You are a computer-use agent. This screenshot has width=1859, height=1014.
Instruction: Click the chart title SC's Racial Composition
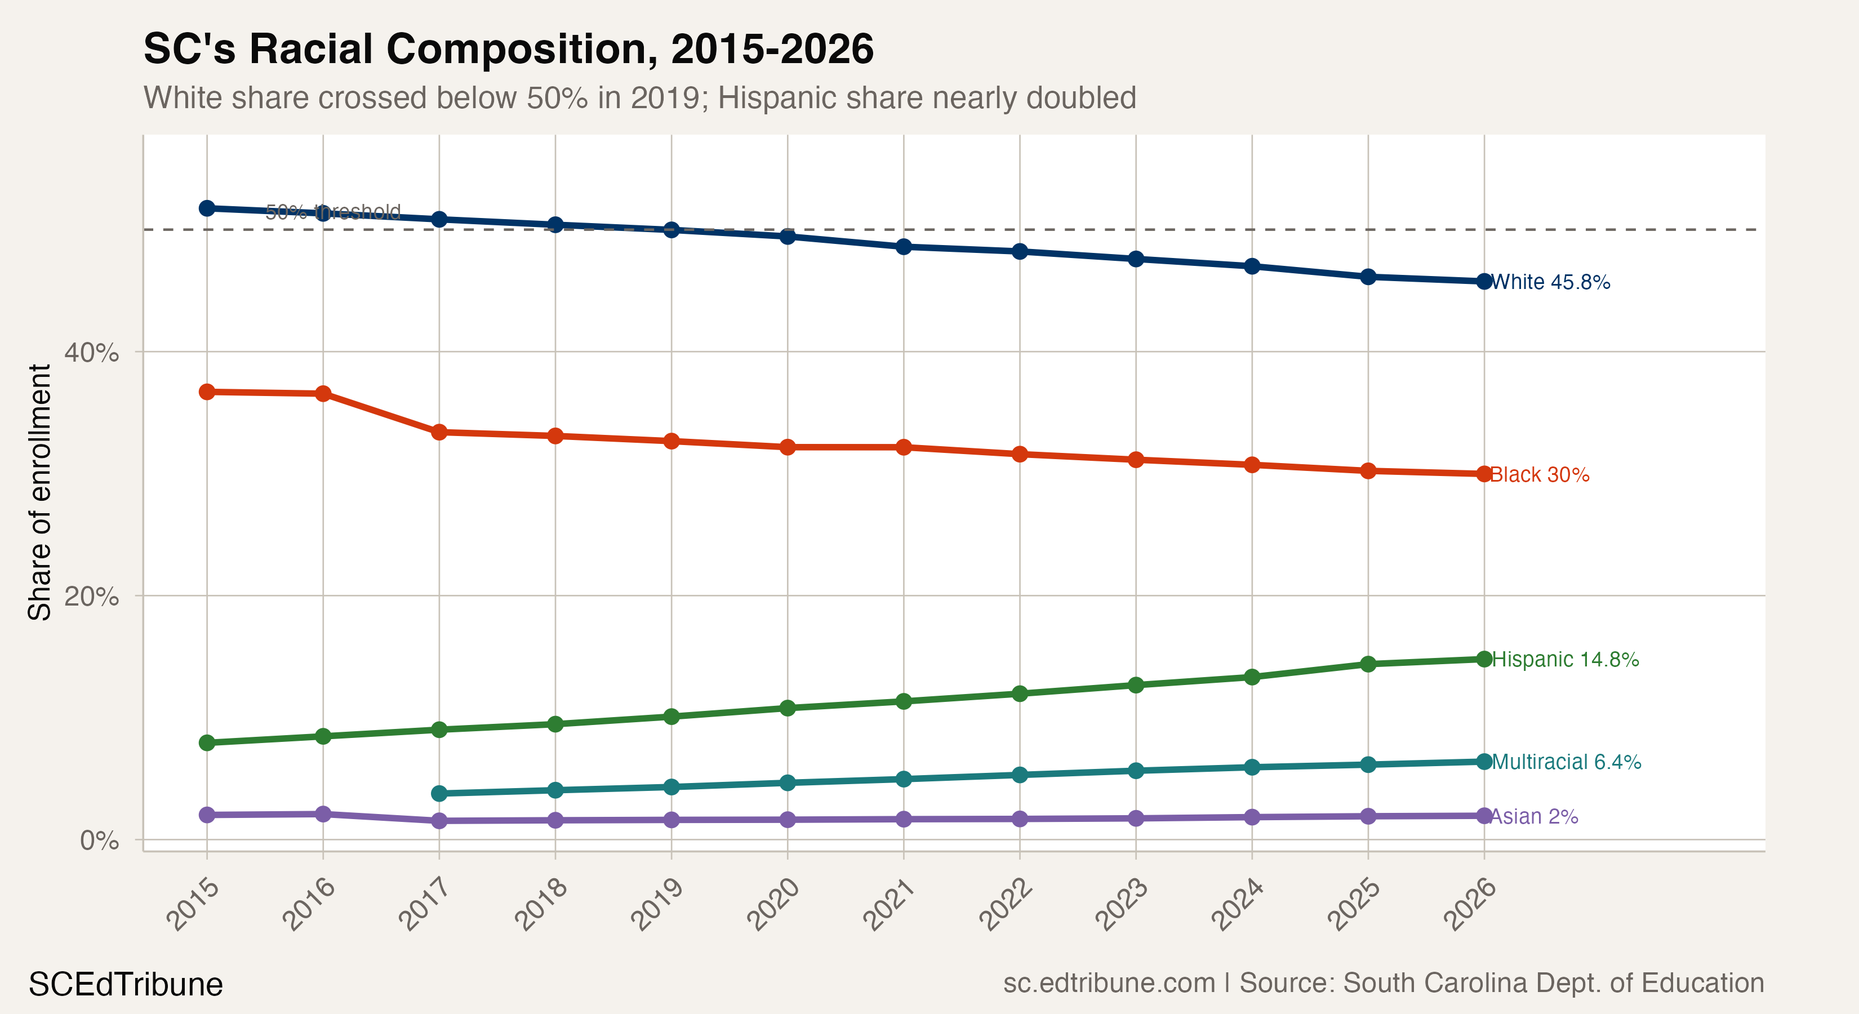pyautogui.click(x=508, y=49)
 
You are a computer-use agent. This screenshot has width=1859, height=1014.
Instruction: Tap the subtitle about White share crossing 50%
pyautogui.click(x=639, y=98)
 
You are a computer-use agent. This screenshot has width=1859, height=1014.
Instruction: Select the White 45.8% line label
pyautogui.click(x=1550, y=282)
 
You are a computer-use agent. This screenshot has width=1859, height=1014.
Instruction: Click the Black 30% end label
pyautogui.click(x=1539, y=474)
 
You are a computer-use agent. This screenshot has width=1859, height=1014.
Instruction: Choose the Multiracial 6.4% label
pyautogui.click(x=1566, y=762)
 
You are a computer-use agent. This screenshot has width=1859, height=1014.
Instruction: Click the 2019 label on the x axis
pyautogui.click(x=657, y=904)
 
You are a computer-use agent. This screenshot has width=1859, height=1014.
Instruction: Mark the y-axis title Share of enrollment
pyautogui.click(x=39, y=492)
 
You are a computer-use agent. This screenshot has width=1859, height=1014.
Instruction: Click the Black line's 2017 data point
pyautogui.click(x=439, y=432)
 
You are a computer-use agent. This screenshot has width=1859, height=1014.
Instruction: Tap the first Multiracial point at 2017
pyautogui.click(x=439, y=793)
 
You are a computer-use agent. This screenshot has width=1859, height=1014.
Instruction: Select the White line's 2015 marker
pyautogui.click(x=207, y=208)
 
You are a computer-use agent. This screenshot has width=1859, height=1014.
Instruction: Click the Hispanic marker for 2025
pyautogui.click(x=1368, y=664)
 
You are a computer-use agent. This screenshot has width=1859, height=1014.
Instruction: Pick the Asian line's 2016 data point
pyautogui.click(x=323, y=814)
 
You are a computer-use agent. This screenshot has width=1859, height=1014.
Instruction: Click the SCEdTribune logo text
pyautogui.click(x=126, y=984)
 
